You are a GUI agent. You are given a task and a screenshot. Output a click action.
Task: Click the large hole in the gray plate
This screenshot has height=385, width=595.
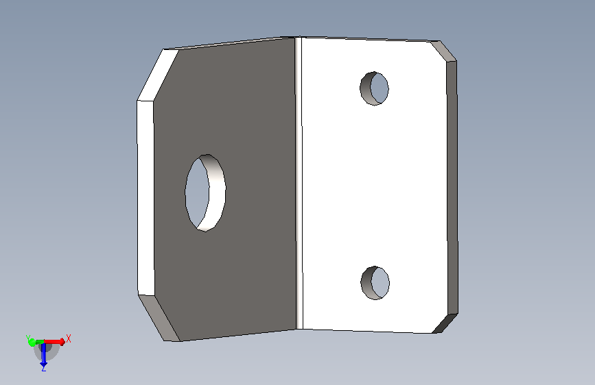205,193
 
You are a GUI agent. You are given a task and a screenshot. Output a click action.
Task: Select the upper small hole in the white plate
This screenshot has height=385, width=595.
374,88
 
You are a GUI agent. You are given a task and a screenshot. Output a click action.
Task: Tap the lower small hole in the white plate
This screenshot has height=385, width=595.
375,283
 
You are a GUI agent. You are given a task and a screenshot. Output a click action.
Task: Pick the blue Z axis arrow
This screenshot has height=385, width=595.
44,354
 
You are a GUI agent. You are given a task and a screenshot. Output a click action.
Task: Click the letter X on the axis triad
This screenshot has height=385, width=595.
69,338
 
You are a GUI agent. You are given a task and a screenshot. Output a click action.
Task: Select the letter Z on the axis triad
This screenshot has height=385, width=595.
44,369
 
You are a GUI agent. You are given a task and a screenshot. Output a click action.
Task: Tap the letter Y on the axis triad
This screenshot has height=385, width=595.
27,338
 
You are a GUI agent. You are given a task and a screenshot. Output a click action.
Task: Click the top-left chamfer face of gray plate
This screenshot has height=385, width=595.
158,75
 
